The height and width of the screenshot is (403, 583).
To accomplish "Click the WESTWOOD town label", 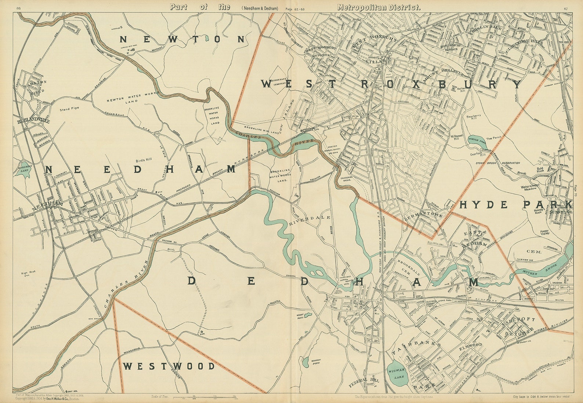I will pos(169,366).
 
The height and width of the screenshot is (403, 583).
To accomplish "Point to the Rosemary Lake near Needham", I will pos(25,170).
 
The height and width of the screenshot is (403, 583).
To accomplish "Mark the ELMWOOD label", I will pos(470,345).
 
